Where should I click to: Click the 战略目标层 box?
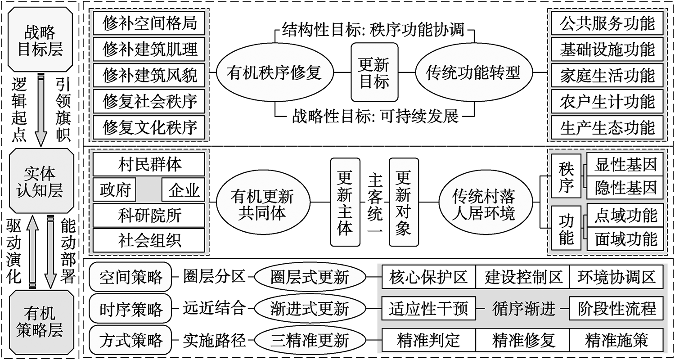[40, 40]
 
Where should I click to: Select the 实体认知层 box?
[41, 181]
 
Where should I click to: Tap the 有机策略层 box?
[41, 322]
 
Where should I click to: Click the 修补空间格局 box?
[149, 23]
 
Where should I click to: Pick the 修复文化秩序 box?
[149, 127]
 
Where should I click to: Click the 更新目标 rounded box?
[374, 72]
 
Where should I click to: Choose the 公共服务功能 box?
[607, 23]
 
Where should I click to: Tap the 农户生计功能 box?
[607, 102]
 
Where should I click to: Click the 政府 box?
[114, 189]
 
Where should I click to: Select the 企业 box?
[183, 189]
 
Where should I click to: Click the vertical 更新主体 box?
[345, 202]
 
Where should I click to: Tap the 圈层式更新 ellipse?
[310, 277]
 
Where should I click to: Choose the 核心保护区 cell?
[428, 277]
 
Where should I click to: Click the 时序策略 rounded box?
[130, 309]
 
